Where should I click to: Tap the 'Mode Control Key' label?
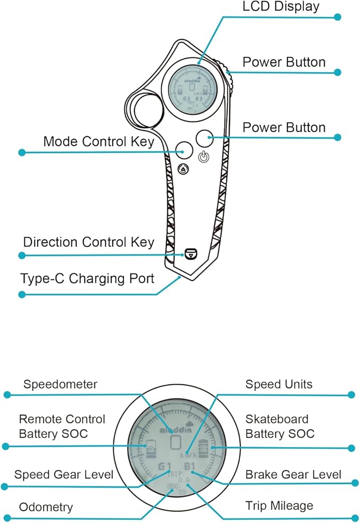(99, 141)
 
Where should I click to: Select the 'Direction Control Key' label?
(89, 243)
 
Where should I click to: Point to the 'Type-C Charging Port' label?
(87, 278)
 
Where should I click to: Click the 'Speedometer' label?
(60, 384)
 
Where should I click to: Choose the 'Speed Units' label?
(279, 384)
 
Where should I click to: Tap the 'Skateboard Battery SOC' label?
(280, 427)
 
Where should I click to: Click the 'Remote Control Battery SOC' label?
(62, 427)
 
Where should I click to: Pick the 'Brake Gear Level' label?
(293, 474)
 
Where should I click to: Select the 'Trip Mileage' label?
(279, 506)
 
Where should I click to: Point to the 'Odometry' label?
(46, 507)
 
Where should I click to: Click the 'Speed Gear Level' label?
(64, 474)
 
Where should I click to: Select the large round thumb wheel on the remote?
(144, 110)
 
